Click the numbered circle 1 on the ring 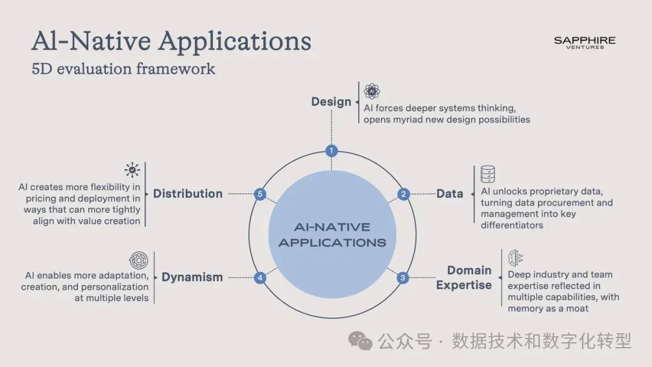(x=331, y=151)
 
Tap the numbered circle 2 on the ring (x=403, y=194)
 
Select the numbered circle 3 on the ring (x=403, y=278)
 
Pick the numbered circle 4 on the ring (x=260, y=278)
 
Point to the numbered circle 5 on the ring (x=260, y=194)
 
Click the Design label (x=331, y=101)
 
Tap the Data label (x=450, y=194)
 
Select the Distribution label (x=188, y=194)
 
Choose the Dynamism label (x=192, y=277)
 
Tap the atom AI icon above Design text (x=372, y=91)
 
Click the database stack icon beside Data (x=488, y=174)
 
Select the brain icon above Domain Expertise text (x=516, y=258)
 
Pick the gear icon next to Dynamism (x=138, y=261)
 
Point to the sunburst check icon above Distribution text (x=132, y=170)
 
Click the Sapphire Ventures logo (x=584, y=42)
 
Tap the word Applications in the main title (x=235, y=41)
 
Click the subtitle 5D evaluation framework (x=123, y=68)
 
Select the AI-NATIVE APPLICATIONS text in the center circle (x=331, y=235)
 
